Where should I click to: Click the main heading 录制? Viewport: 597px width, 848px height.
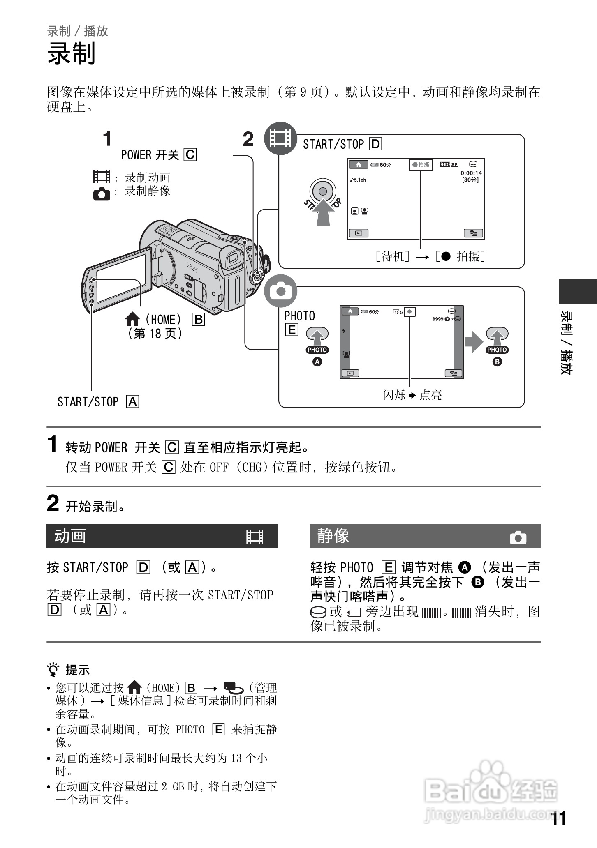tap(72, 54)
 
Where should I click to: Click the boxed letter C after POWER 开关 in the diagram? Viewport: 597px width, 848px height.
tap(190, 155)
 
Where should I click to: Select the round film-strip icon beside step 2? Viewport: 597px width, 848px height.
tap(280, 138)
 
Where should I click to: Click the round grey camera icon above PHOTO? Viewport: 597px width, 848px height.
tap(280, 291)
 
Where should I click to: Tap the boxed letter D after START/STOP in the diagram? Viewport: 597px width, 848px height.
tap(375, 144)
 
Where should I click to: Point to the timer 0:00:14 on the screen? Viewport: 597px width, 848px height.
tap(471, 173)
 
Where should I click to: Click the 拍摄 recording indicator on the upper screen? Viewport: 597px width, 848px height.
tap(421, 165)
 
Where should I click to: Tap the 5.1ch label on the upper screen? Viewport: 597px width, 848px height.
tap(358, 180)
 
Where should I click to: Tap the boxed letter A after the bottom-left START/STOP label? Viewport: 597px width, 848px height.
tap(133, 401)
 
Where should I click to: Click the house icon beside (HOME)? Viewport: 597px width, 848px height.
tap(132, 319)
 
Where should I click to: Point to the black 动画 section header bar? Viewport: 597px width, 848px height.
tap(162, 536)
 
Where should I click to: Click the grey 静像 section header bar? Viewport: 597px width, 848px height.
tap(425, 536)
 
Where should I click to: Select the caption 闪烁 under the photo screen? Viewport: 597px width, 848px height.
tap(394, 395)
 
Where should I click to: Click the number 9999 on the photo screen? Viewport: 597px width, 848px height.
tap(437, 319)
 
